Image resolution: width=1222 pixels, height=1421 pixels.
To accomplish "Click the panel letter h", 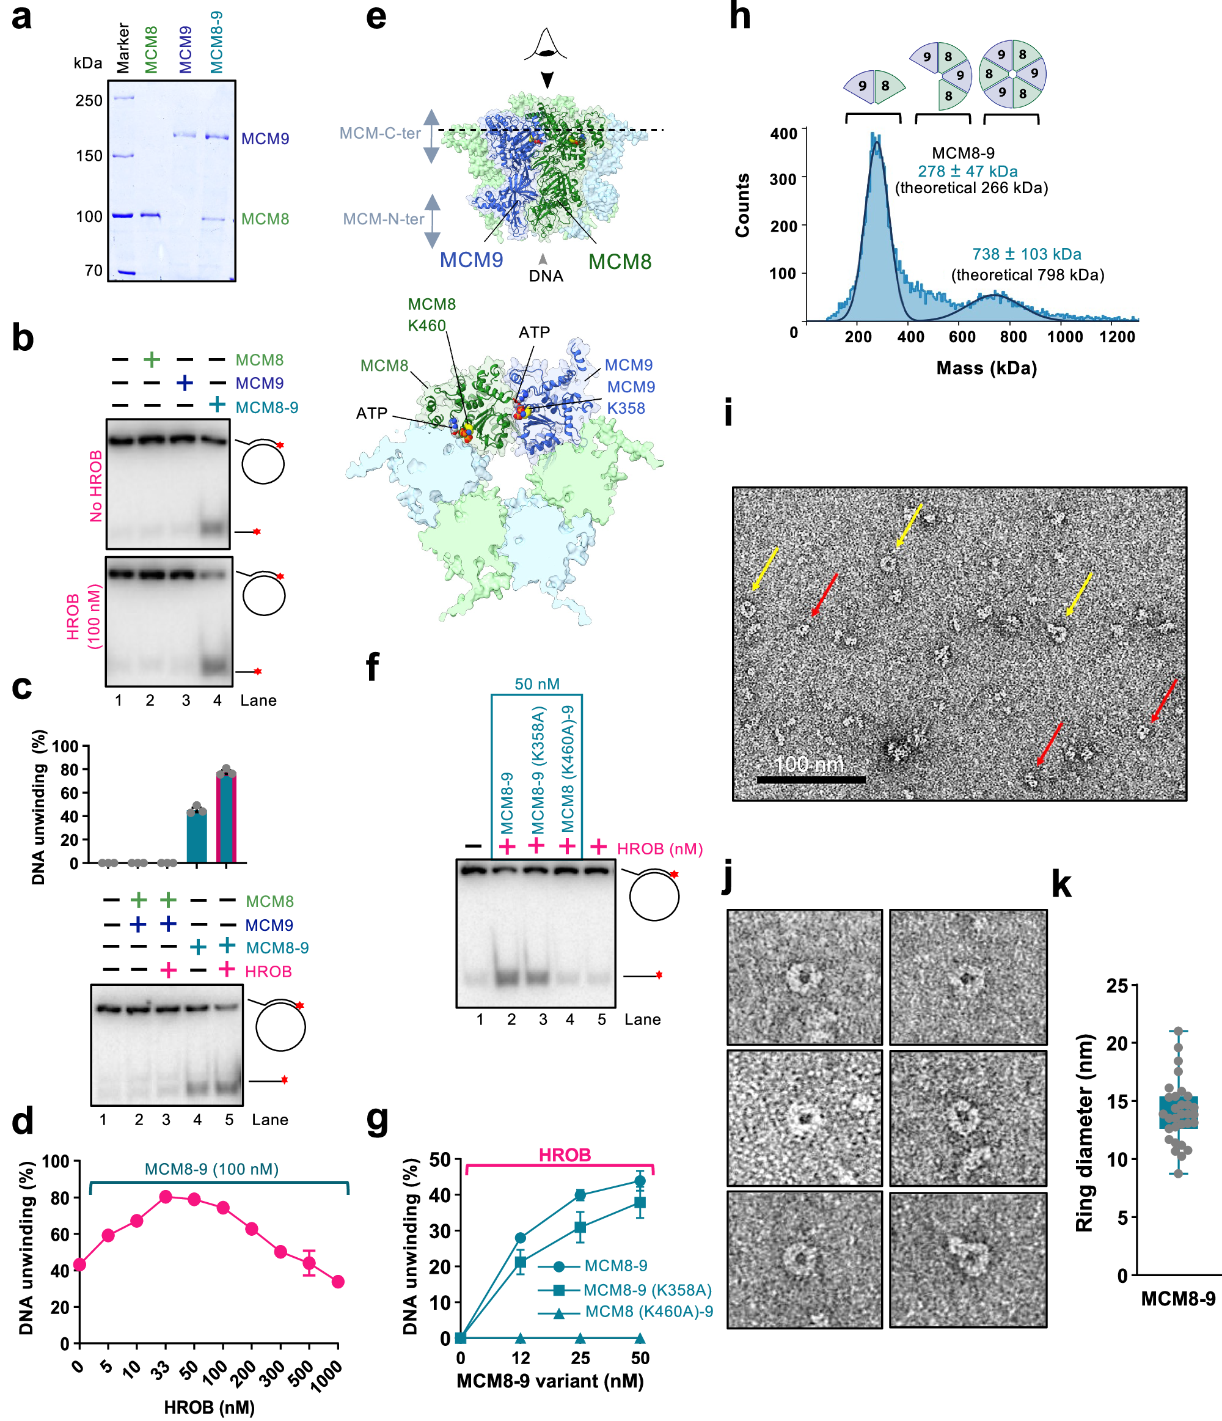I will [x=739, y=17].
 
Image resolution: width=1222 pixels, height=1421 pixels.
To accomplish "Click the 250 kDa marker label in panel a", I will [x=89, y=101].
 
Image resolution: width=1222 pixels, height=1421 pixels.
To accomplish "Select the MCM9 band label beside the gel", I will [x=265, y=139].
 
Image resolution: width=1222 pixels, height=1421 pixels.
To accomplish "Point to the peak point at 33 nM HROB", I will [x=165, y=1197].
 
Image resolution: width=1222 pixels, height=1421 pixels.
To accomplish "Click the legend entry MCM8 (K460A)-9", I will [x=648, y=1311].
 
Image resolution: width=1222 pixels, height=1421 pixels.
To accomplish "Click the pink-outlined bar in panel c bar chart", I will [x=226, y=816].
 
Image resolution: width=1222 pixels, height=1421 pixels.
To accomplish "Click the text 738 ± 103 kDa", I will [x=1026, y=254].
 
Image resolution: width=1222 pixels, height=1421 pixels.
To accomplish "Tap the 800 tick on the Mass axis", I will [x=1013, y=337].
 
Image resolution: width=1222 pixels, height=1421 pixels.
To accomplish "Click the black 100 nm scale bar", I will [x=811, y=779].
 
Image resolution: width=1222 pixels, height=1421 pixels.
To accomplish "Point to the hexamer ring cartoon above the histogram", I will [x=1011, y=73].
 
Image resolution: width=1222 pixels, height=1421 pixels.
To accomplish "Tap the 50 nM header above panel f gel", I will [x=537, y=684].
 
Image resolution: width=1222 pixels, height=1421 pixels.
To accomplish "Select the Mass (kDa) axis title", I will [x=986, y=369].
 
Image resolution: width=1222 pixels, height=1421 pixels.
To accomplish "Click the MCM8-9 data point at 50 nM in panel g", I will [x=640, y=1181].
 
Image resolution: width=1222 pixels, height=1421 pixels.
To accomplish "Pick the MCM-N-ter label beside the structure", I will [x=383, y=219].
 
